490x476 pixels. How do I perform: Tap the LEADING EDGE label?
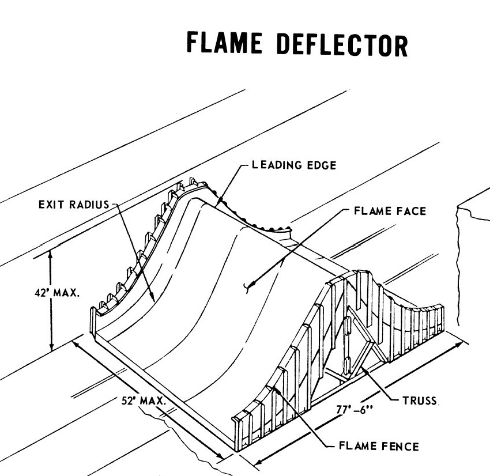293,165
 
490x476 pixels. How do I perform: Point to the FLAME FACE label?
390,211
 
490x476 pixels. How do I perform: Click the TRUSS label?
419,400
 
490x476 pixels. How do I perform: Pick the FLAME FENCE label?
378,445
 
